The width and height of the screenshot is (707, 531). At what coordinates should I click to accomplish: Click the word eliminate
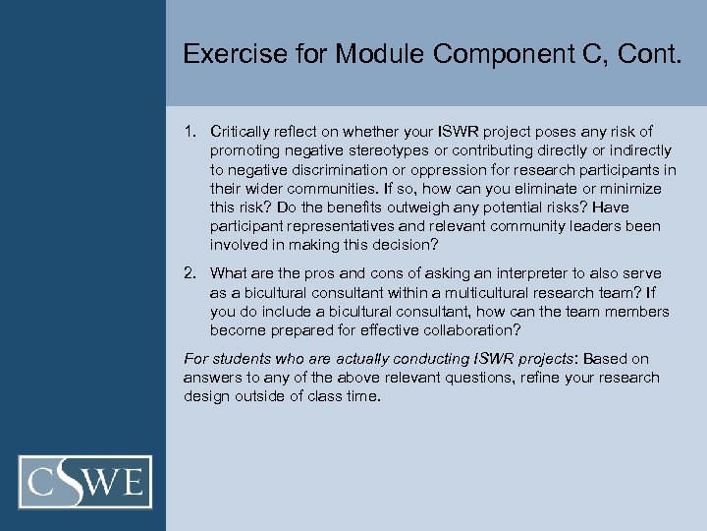pyautogui.click(x=519, y=189)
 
